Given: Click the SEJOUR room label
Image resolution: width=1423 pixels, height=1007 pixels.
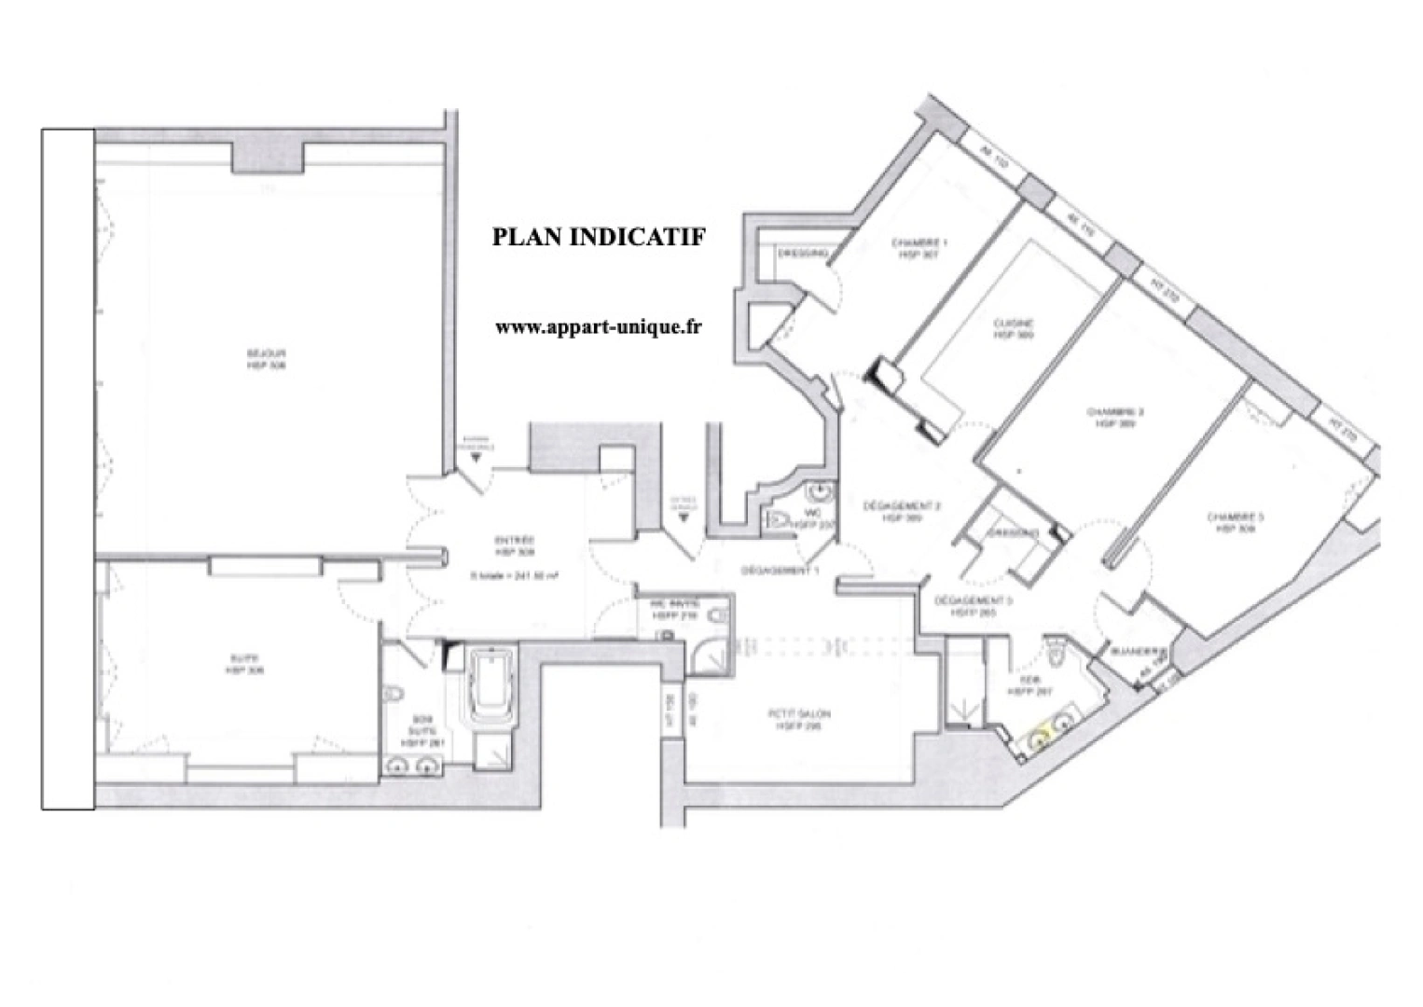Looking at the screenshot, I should point(266,354).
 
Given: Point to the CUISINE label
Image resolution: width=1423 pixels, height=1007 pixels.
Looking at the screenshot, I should point(1013,324).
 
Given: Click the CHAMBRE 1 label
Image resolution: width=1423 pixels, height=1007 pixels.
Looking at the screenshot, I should point(919,243).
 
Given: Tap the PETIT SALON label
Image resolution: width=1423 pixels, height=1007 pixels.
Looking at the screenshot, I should point(799,714).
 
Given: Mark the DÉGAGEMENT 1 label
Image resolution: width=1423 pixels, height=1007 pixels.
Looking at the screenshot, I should point(780,571).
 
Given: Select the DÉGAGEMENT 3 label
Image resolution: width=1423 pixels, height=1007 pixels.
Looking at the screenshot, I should point(974,601).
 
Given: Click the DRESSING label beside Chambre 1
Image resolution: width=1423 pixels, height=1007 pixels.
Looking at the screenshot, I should point(803,253).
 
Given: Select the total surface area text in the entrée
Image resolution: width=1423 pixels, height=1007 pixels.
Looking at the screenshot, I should point(515,576).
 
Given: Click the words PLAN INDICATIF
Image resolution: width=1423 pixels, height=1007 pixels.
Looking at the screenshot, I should point(599,237).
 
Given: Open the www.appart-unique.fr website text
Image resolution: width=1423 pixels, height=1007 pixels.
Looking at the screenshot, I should point(598,326).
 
